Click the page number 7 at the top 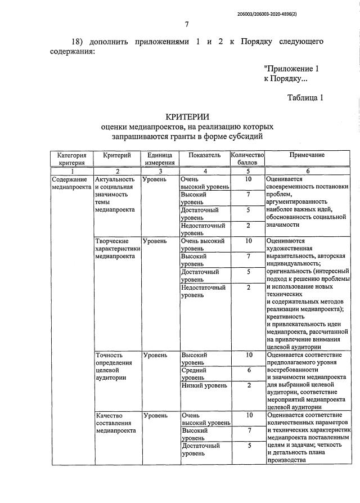click(186, 23)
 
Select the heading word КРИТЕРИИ click(187, 116)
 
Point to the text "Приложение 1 click(291, 69)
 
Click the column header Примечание click(307, 155)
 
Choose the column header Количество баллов click(247, 159)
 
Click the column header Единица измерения click(159, 159)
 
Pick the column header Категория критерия click(71, 159)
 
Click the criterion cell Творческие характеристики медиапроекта click(117, 248)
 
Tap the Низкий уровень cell click(204, 385)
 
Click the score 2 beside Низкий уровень click(247, 385)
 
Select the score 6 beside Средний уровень click(247, 371)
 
